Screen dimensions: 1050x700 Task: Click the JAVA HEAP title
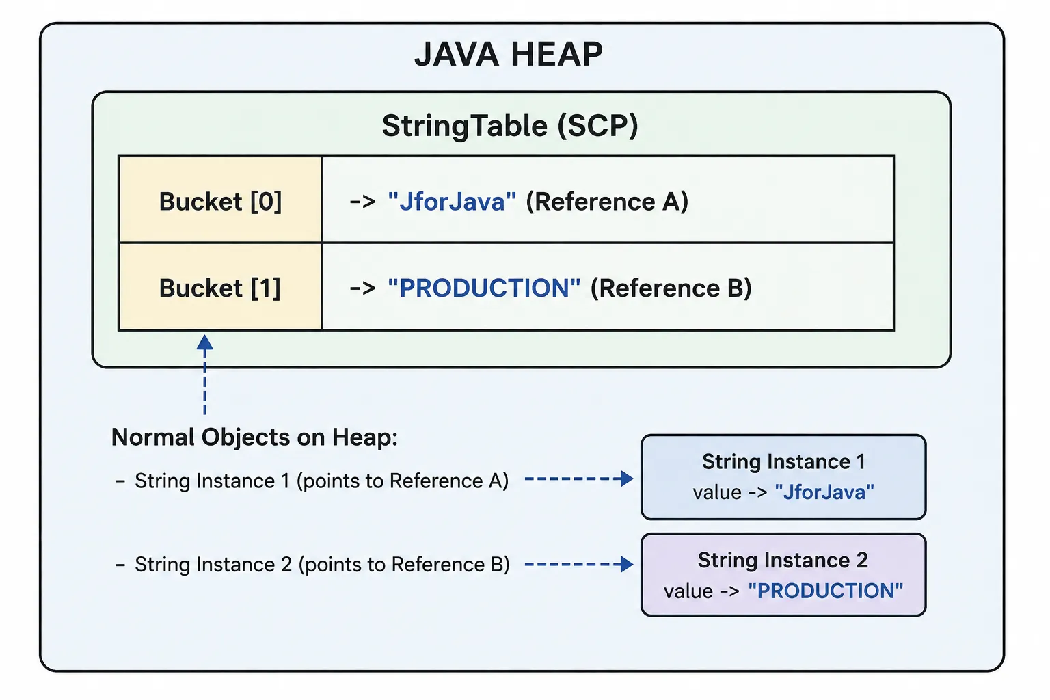pyautogui.click(x=509, y=55)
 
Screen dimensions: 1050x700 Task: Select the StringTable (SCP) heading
pyautogui.click(x=510, y=126)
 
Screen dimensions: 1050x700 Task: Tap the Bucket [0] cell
pyautogui.click(x=220, y=200)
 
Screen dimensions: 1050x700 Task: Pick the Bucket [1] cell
pyautogui.click(x=220, y=287)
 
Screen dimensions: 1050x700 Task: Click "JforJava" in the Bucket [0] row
pyautogui.click(x=452, y=202)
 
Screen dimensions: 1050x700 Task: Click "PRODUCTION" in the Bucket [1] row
pyautogui.click(x=484, y=288)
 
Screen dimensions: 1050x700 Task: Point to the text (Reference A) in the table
pyautogui.click(x=607, y=202)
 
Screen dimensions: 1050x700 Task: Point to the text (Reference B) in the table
pyautogui.click(x=671, y=288)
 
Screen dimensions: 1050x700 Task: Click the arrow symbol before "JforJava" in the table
pyautogui.click(x=363, y=202)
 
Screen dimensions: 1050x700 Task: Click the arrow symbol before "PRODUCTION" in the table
pyautogui.click(x=363, y=288)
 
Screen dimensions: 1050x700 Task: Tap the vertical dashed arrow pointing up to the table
pyautogui.click(x=205, y=374)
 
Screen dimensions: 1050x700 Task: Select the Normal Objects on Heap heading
pyautogui.click(x=254, y=437)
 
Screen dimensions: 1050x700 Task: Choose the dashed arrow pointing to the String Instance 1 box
pyautogui.click(x=579, y=479)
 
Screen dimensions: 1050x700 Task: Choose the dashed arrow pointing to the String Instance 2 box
pyautogui.click(x=579, y=564)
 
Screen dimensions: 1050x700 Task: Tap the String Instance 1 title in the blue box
pyautogui.click(x=783, y=462)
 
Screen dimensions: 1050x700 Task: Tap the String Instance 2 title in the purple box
pyautogui.click(x=783, y=561)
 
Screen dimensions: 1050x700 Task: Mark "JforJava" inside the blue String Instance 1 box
pyautogui.click(x=824, y=492)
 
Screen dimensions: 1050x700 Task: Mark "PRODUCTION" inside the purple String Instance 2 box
pyautogui.click(x=826, y=591)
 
